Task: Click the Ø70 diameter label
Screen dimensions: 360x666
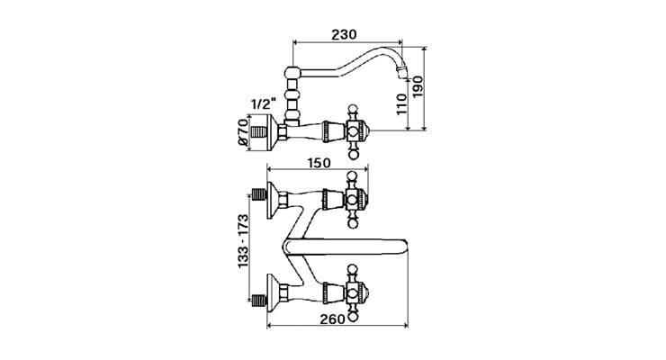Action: click(x=240, y=132)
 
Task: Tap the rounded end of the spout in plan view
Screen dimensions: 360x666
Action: click(x=402, y=242)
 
